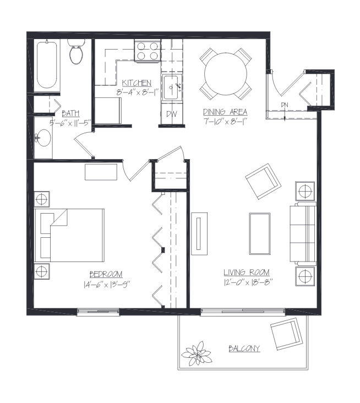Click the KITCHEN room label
click(137, 83)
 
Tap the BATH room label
click(70, 113)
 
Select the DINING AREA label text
click(225, 112)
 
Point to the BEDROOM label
click(106, 274)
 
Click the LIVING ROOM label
click(247, 272)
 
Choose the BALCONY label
click(244, 348)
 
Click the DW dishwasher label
click(171, 114)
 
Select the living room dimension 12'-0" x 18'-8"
click(248, 282)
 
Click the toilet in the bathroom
click(76, 51)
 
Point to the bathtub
click(47, 65)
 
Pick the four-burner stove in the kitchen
click(148, 51)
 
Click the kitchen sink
click(172, 88)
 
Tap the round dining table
click(226, 74)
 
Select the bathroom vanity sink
click(43, 138)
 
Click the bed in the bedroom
click(69, 235)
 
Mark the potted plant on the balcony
click(197, 353)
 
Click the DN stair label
click(285, 105)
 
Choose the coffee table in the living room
click(259, 233)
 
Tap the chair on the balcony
click(286, 334)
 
